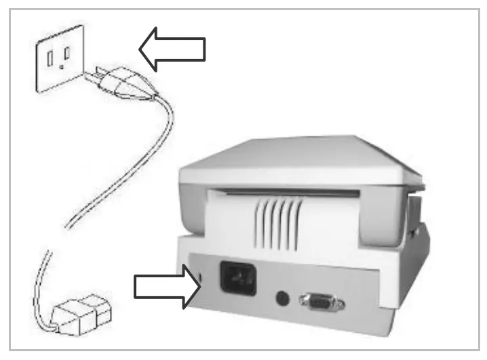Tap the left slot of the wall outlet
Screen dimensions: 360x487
50,58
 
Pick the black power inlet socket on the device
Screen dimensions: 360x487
237,276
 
